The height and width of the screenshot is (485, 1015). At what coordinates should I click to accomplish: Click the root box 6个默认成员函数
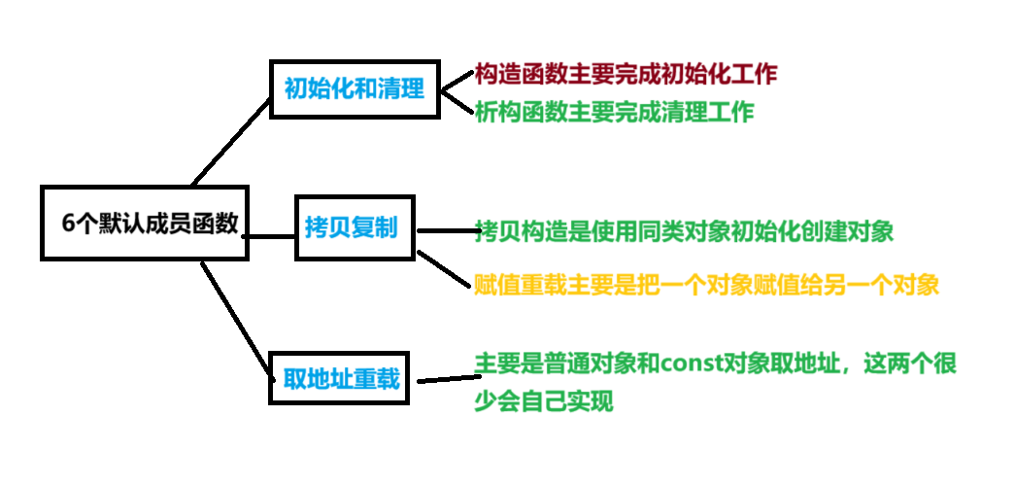coord(146,223)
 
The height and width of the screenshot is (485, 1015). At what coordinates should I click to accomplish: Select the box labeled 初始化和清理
coord(355,89)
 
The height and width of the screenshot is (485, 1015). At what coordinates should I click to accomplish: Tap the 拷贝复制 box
coord(355,229)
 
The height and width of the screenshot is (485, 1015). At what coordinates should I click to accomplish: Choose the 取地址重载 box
coord(341,378)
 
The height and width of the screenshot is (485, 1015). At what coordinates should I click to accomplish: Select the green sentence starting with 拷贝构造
coord(685,231)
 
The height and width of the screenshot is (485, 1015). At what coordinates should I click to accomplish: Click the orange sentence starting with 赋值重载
coord(707,285)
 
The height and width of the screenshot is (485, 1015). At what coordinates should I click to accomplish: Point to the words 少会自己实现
coord(544,400)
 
